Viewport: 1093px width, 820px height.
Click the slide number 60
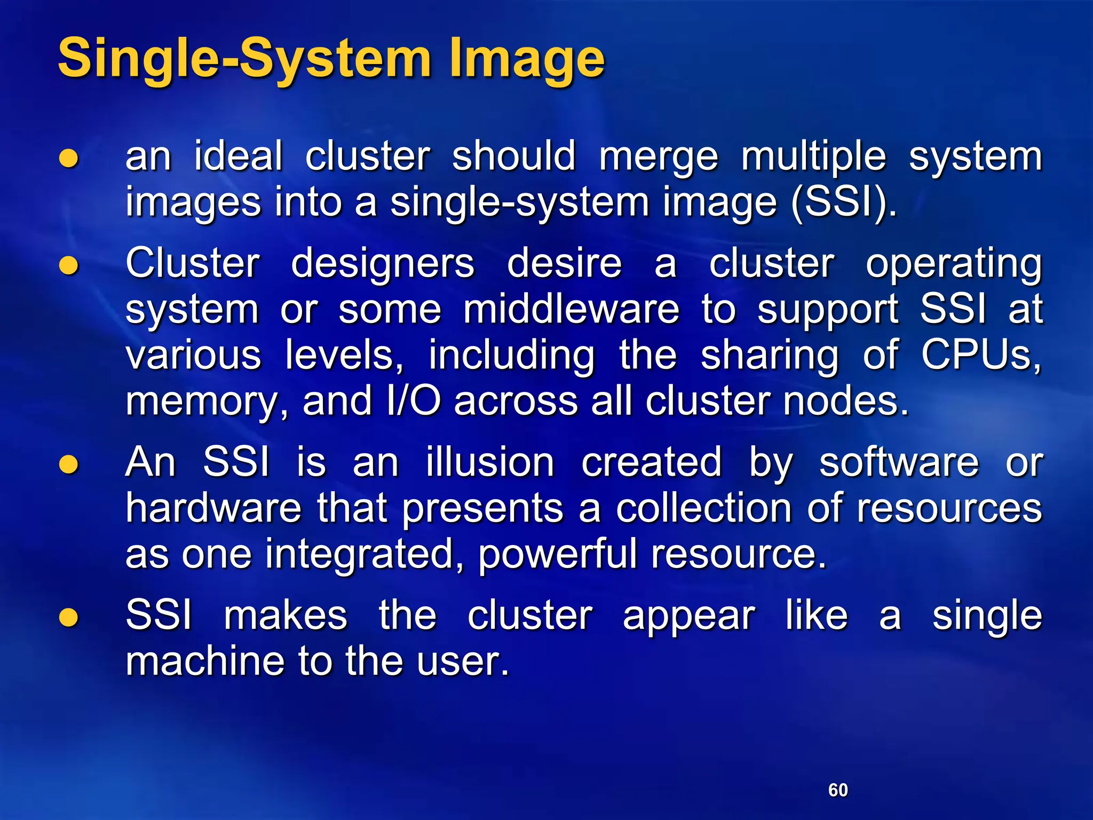(838, 790)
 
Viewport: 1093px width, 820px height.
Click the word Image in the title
(526, 59)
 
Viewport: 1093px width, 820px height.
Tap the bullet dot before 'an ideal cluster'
(69, 158)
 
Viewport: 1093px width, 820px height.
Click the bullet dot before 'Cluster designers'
(69, 265)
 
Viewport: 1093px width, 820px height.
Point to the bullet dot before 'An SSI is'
(69, 463)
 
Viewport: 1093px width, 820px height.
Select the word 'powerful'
(557, 555)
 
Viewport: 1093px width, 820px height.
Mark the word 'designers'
(382, 264)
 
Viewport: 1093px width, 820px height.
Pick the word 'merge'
(659, 158)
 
